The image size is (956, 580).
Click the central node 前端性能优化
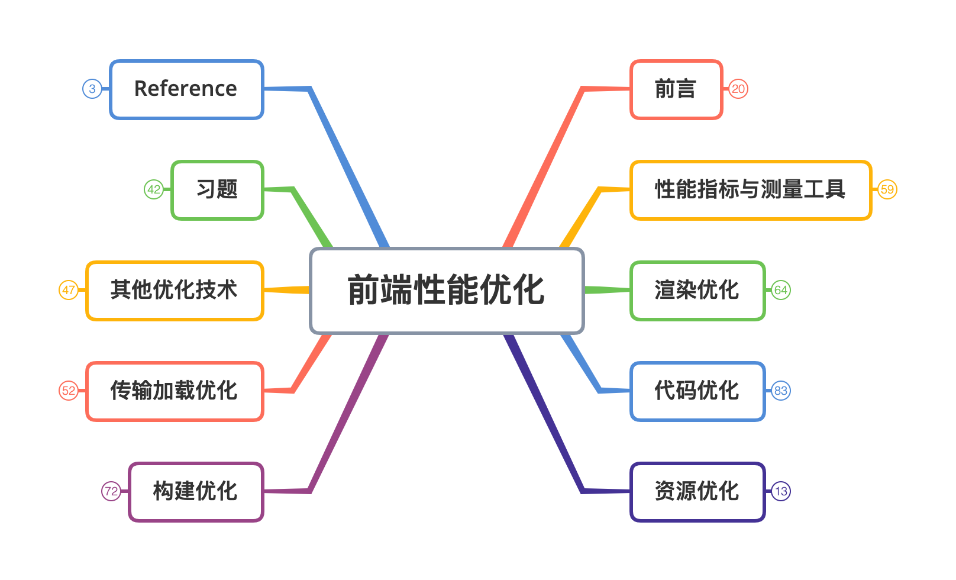[447, 291]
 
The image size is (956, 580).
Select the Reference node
[186, 89]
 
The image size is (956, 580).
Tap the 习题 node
[217, 190]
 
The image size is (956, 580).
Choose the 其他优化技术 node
[175, 291]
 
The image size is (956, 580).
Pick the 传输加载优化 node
[175, 391]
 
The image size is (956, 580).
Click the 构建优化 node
[196, 492]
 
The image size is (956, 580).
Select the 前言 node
[676, 89]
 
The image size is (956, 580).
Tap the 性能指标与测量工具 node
[751, 190]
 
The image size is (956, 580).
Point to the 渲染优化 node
[697, 291]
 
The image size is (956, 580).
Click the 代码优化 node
[697, 391]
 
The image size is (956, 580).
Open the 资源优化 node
[697, 492]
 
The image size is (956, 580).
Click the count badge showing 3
[92, 89]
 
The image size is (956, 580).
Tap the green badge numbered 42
[154, 190]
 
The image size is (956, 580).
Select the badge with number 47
[69, 291]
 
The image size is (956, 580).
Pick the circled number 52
[69, 391]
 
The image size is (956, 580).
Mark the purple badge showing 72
[111, 492]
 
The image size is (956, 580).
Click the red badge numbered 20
[738, 89]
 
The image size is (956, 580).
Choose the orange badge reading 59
[887, 190]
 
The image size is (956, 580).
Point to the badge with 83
[781, 391]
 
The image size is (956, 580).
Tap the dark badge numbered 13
[781, 492]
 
